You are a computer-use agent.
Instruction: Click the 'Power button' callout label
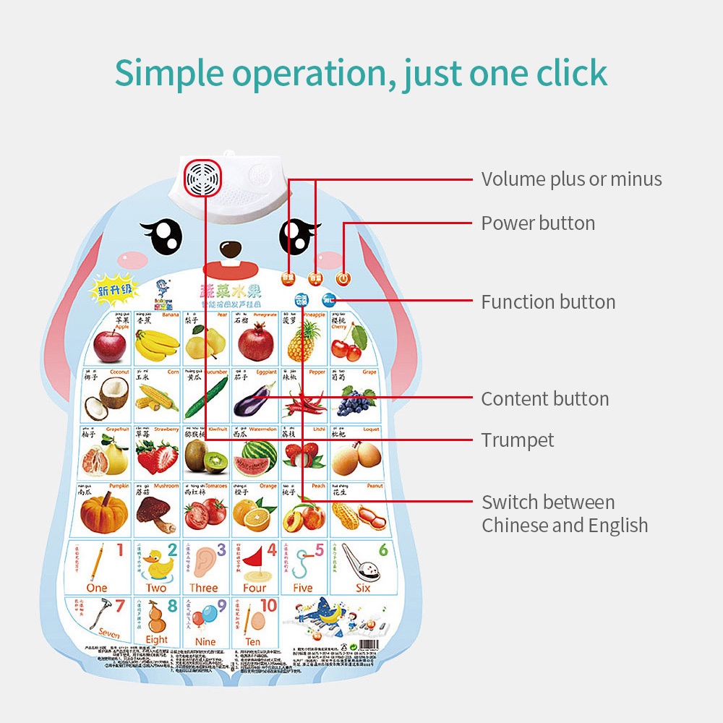pyautogui.click(x=538, y=223)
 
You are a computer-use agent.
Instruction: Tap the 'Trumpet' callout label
pyautogui.click(x=518, y=440)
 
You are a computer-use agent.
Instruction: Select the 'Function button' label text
pyautogui.click(x=548, y=302)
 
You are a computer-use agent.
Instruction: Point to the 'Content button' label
pyautogui.click(x=544, y=399)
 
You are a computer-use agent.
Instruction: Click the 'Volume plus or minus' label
pyautogui.click(x=571, y=179)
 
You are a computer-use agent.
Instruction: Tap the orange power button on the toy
pyautogui.click(x=343, y=278)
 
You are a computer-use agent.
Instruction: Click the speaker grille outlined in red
pyautogui.click(x=202, y=177)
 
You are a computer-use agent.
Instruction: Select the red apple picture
pyautogui.click(x=109, y=345)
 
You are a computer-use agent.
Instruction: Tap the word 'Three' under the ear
pyautogui.click(x=204, y=588)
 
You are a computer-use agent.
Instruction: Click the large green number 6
pyautogui.click(x=383, y=550)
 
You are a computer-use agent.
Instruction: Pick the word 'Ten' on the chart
pyautogui.click(x=253, y=641)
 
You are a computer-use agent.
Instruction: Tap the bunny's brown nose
pyautogui.click(x=231, y=249)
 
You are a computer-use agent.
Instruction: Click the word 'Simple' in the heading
pyautogui.click(x=174, y=73)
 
